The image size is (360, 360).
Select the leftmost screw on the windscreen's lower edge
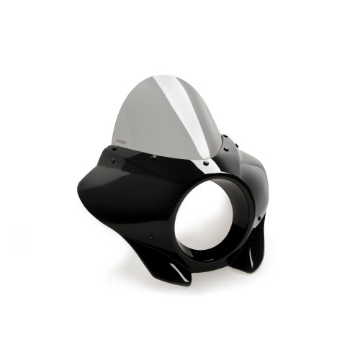113,150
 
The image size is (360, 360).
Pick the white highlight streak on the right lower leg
251,262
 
